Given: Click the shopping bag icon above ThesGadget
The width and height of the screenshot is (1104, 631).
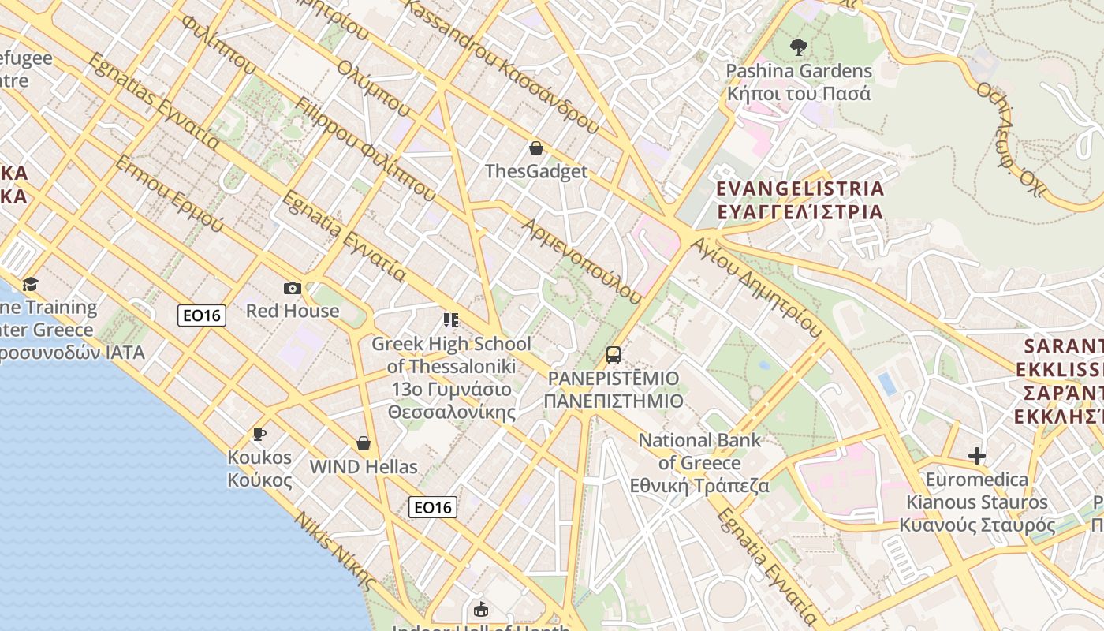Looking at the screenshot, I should click(536, 147).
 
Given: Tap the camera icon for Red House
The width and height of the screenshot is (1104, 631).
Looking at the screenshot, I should click(293, 288).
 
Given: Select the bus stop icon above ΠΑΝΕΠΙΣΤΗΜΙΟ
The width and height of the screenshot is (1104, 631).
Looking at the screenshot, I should click(614, 355).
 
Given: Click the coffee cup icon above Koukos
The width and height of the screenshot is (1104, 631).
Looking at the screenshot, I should click(259, 434).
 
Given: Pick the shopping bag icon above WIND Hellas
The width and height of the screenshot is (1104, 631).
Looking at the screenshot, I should click(364, 443).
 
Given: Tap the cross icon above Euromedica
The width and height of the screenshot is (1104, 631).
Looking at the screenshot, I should click(977, 456).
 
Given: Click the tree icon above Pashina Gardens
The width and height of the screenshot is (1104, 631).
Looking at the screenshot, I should click(798, 47).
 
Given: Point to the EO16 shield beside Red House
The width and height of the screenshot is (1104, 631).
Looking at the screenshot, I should click(202, 315).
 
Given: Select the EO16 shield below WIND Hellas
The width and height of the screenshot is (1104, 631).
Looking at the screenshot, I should click(433, 507).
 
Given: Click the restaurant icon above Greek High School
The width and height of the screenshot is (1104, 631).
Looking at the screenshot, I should click(451, 320).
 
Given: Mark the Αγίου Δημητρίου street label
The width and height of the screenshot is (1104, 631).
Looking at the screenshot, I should click(755, 284).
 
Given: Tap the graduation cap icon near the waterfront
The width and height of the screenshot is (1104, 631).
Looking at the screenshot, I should click(30, 284).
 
